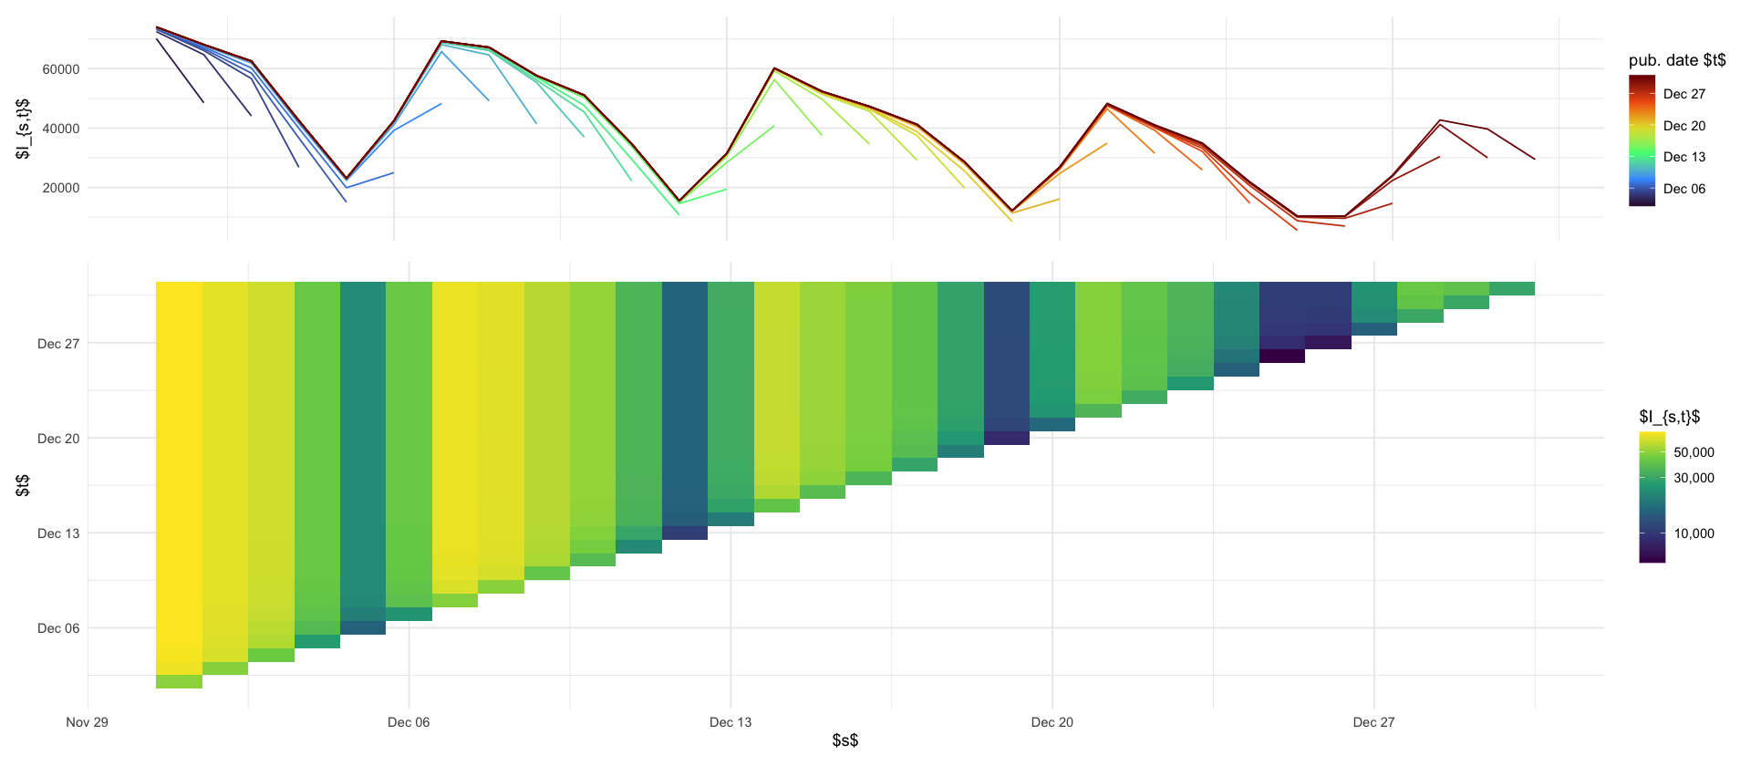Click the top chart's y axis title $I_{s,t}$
[x=23, y=129]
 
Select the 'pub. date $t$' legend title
[x=1677, y=60]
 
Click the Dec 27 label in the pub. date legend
[x=1684, y=94]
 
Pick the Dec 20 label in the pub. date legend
[x=1684, y=126]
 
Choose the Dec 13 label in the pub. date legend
[x=1684, y=157]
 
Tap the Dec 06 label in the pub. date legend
[x=1684, y=189]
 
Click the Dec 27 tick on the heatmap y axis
[x=58, y=344]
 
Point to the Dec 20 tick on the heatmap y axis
[x=58, y=439]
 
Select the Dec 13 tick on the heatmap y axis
[x=58, y=533]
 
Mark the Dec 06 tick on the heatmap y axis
[x=58, y=628]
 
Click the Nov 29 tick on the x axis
[x=88, y=722]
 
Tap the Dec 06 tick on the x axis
[x=409, y=722]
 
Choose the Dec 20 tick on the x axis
[x=1052, y=722]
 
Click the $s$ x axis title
[x=845, y=740]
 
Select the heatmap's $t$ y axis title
[x=23, y=485]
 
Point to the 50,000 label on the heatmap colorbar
[x=1694, y=452]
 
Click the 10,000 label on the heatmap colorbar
[x=1694, y=533]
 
